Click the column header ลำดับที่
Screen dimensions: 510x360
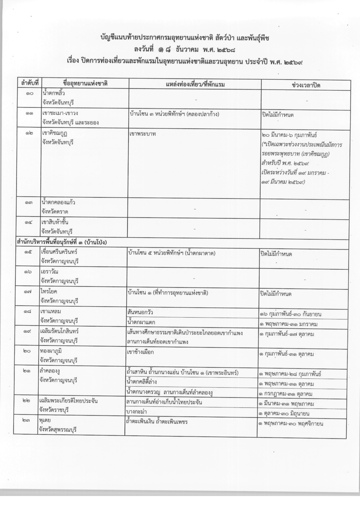30,84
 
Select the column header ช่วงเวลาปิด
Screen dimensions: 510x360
306,85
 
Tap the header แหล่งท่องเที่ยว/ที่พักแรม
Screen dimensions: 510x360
195,84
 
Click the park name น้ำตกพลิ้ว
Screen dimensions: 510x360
53,93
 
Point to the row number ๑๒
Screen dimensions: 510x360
29,133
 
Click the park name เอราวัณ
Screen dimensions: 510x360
49,272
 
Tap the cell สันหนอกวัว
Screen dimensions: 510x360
140,312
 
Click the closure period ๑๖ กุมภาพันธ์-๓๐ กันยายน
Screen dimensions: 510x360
290,314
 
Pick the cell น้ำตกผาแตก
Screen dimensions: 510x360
141,322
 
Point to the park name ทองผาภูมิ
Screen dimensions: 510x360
50,351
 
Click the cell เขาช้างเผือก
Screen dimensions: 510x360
141,352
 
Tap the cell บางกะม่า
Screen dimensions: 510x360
136,412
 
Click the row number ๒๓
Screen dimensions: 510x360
26,420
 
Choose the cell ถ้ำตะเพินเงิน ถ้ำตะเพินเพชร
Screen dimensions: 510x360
157,421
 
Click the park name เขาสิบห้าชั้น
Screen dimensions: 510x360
55,222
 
